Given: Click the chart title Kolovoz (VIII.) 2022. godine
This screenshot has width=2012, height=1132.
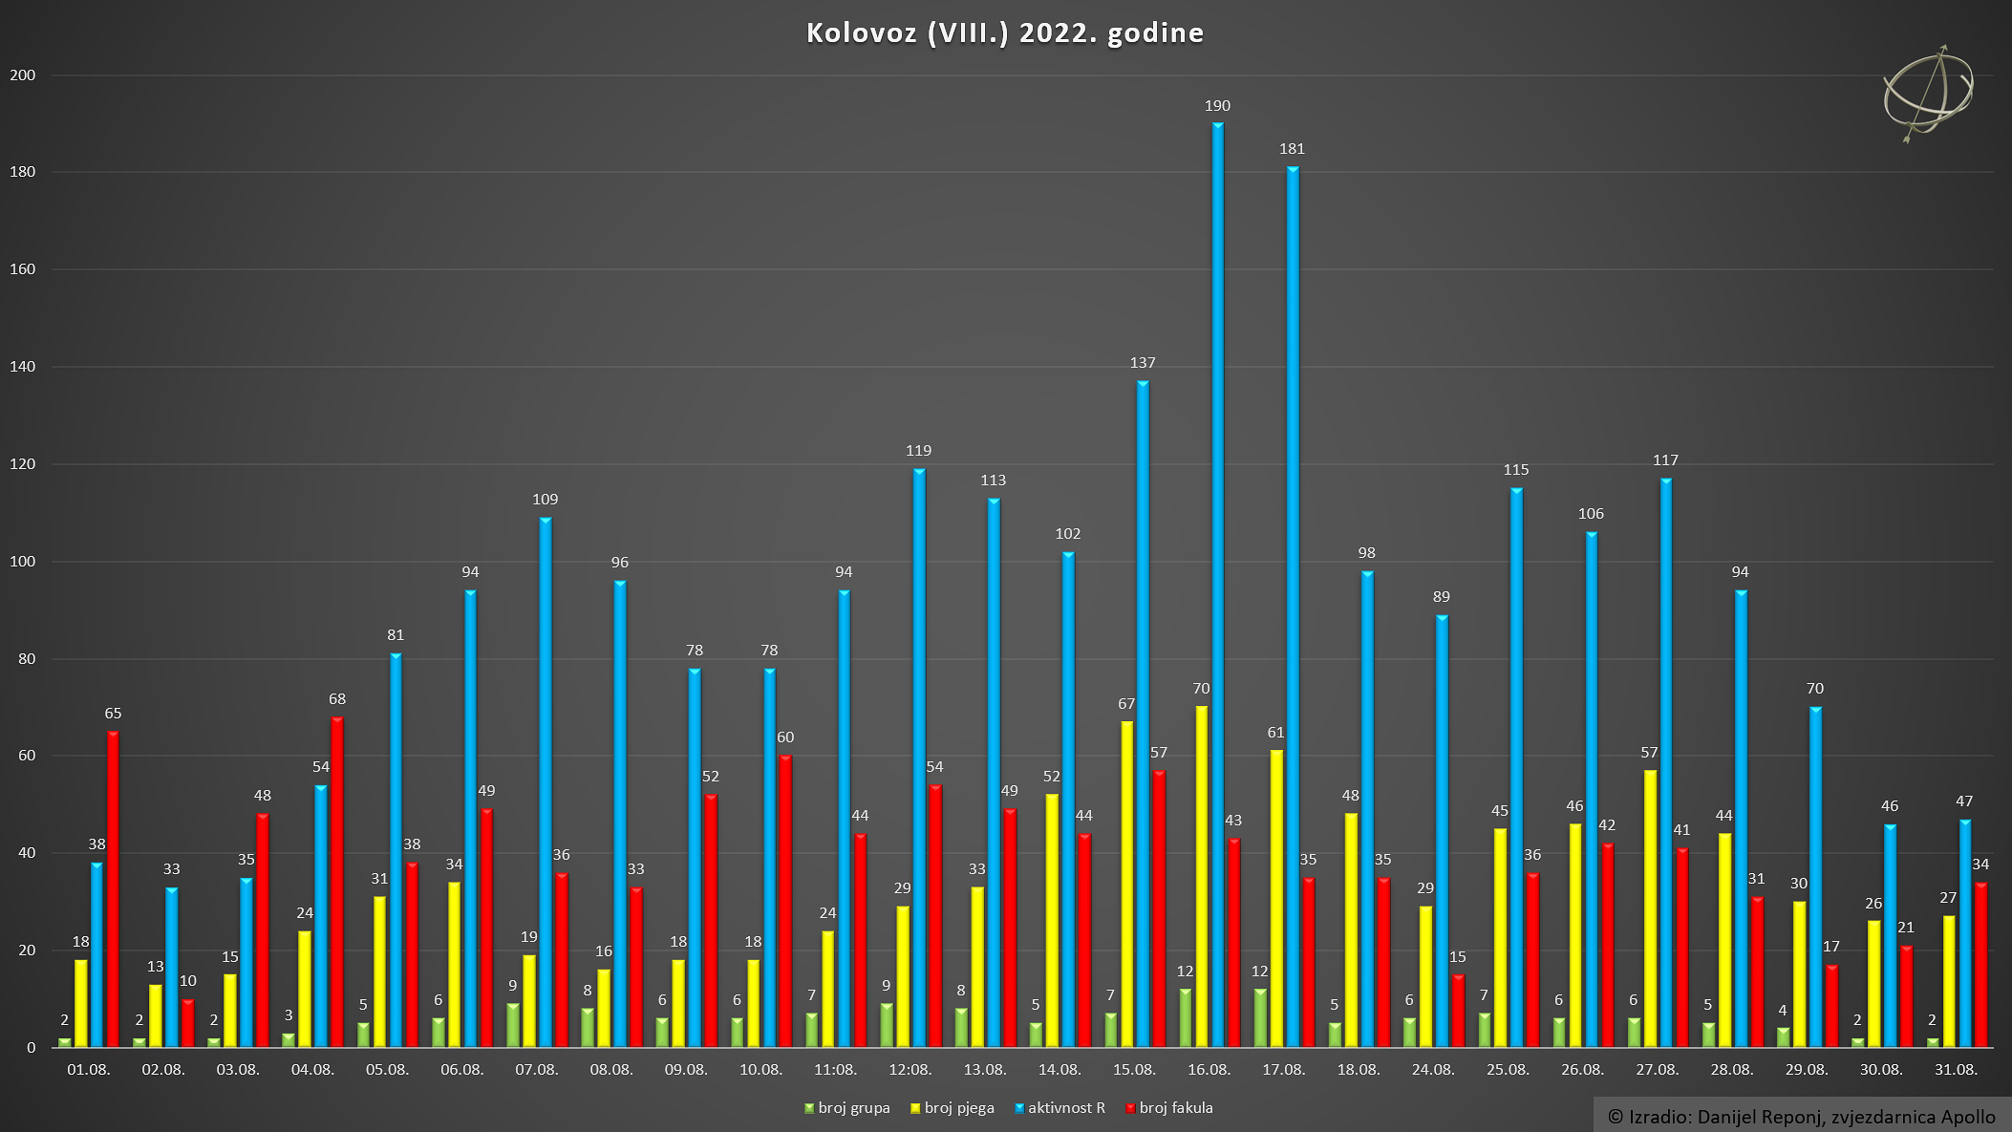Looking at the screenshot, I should pos(1005,33).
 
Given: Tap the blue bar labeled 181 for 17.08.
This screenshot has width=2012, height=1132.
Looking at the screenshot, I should pos(1293,607).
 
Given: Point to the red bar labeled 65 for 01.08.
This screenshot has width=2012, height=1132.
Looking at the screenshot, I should pos(113,889).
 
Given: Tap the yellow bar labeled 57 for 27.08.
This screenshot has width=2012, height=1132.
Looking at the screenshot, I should pos(1650,908).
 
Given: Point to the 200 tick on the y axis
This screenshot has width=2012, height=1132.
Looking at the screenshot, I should pos(22,75).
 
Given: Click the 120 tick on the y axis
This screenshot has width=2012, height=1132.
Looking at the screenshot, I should pos(22,464).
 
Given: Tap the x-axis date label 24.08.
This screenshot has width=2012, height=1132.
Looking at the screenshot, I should pos(1433,1070).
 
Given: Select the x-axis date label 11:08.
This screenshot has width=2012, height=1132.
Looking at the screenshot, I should pos(835,1070).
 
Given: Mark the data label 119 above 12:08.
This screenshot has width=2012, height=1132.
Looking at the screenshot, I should pos(918,451).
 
